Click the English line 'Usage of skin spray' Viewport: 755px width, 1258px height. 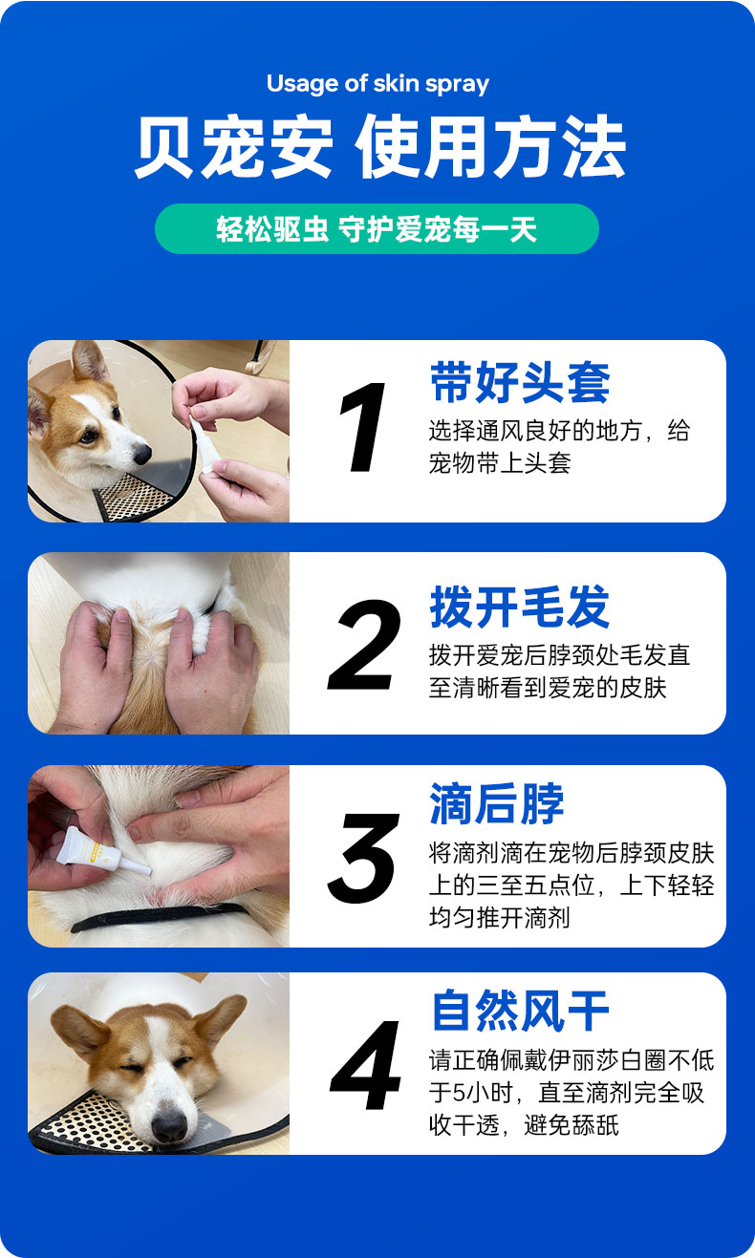pos(377,84)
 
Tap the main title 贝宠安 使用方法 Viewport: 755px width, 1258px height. pos(379,146)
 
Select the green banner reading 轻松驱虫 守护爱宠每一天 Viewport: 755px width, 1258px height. pos(377,228)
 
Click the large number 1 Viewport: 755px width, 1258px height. pos(363,427)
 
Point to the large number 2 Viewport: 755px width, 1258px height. pos(364,645)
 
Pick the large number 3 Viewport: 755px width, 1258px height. pos(363,858)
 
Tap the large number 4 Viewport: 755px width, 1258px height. pos(366,1065)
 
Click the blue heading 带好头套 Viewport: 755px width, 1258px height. pos(520,382)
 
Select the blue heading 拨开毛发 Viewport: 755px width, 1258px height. pos(520,607)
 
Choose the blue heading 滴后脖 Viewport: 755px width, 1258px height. pos(497,803)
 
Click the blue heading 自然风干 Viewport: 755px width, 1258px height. pos(520,1011)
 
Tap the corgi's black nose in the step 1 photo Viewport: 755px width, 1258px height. pos(142,454)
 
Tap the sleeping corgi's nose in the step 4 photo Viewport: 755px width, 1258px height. pos(169,1125)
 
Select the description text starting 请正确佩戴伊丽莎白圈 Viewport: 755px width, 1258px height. pos(572,1093)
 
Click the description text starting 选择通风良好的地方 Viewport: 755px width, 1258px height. pos(559,447)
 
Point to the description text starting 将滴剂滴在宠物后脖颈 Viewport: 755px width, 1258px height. pos(572,885)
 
